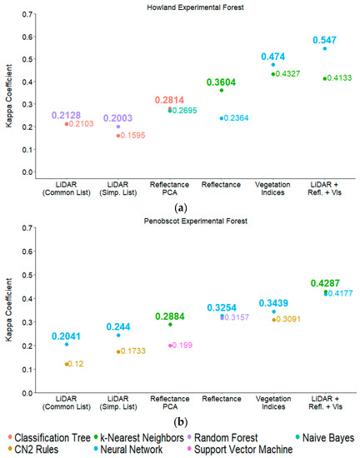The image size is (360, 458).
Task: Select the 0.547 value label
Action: (325, 39)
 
